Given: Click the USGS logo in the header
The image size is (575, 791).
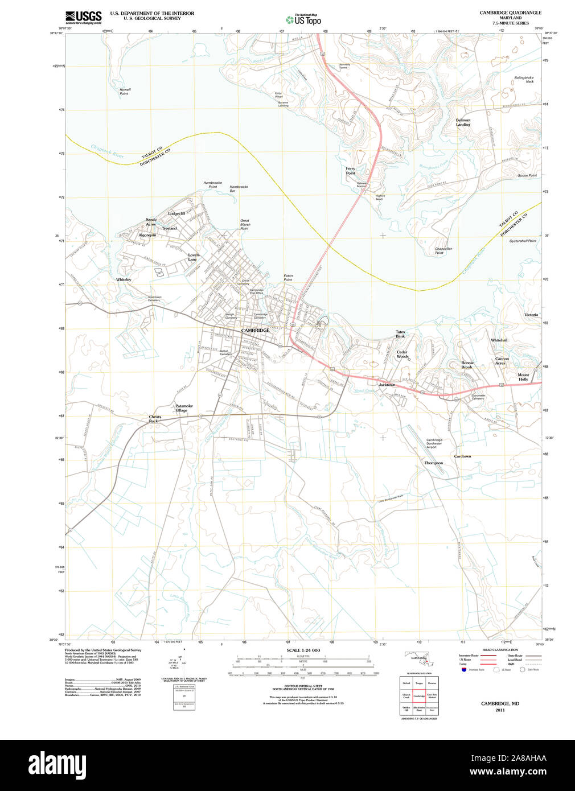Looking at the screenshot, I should [x=83, y=17].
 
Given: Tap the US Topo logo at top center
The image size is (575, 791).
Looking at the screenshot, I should [x=303, y=19].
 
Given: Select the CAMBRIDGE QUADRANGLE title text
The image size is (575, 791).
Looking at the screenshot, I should [x=510, y=13].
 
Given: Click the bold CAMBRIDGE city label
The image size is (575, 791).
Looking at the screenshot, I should [x=255, y=331].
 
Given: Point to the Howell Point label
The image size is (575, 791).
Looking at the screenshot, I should [x=125, y=92].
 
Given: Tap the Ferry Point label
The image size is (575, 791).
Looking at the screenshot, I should [x=350, y=171].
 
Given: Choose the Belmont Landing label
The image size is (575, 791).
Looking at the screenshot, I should [x=463, y=122].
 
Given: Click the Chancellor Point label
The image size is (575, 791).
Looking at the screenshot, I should [x=443, y=250].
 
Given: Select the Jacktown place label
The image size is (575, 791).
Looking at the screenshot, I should [x=387, y=385].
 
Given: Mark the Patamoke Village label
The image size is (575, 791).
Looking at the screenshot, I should [x=184, y=408].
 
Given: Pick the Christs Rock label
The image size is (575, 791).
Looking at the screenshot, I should [x=155, y=419].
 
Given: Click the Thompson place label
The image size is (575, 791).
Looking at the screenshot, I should [x=433, y=463].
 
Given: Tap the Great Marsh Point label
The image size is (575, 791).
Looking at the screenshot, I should [x=245, y=224].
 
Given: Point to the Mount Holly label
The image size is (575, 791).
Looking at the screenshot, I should [x=523, y=377].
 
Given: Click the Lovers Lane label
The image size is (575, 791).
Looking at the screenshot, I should [x=194, y=257].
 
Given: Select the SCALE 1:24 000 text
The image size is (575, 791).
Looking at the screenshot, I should [x=303, y=650].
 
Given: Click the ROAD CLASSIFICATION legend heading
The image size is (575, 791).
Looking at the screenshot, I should [x=500, y=650].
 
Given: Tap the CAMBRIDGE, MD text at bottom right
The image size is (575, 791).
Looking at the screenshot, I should [x=500, y=703].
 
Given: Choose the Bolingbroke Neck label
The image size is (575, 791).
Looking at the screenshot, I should [x=524, y=80].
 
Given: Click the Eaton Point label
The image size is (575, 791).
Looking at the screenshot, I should [x=288, y=278].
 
